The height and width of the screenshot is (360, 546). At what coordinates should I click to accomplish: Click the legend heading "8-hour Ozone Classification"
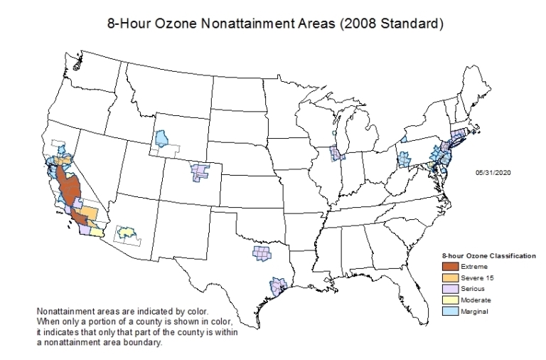point(488,255)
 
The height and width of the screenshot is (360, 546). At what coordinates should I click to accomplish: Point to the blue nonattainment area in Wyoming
point(162,137)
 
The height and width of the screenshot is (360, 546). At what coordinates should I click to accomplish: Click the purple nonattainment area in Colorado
point(200,171)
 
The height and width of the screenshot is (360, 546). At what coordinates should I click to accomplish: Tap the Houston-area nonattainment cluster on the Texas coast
point(277,287)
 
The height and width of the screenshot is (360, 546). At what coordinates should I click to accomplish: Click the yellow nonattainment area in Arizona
point(127,233)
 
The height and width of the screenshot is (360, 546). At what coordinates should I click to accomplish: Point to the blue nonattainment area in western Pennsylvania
point(403,159)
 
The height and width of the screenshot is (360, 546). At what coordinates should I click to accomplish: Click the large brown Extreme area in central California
point(69,186)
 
